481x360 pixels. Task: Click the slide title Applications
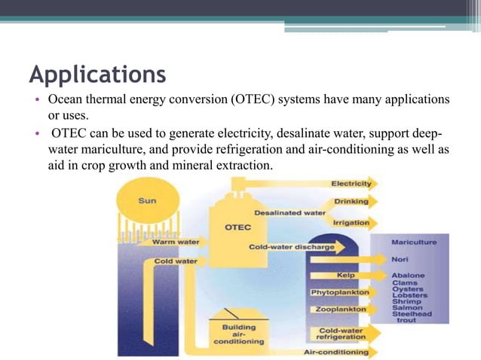(97, 75)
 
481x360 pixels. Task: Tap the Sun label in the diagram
(147, 201)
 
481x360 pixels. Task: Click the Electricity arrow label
(351, 184)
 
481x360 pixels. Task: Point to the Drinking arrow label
(352, 202)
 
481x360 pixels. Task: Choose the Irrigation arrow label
(351, 222)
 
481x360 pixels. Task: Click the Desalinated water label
(290, 212)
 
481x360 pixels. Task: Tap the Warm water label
(175, 243)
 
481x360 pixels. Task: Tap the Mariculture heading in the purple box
(412, 243)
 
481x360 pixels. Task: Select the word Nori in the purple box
(400, 258)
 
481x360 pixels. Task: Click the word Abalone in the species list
(407, 275)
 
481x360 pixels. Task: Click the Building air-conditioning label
(243, 334)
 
